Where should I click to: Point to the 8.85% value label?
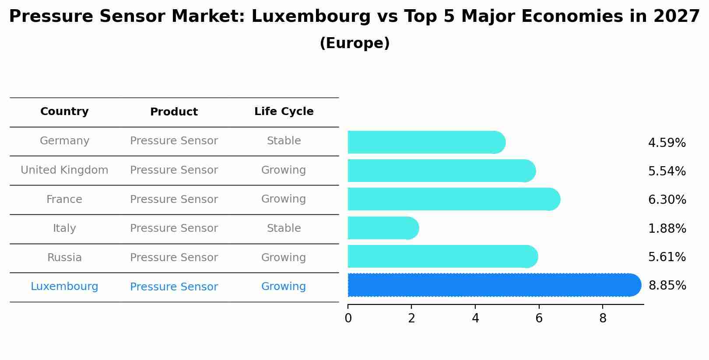pyautogui.click(x=667, y=286)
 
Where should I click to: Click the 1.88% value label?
pyautogui.click(x=667, y=228)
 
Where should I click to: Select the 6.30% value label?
pyautogui.click(x=667, y=200)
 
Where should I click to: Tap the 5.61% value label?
pyautogui.click(x=667, y=257)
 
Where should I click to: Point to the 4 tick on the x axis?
pyautogui.click(x=475, y=318)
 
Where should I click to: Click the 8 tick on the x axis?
pyautogui.click(x=603, y=318)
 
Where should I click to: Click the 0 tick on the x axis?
pyautogui.click(x=348, y=318)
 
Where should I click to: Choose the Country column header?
pyautogui.click(x=64, y=112)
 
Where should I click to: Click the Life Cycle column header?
pyautogui.click(x=284, y=112)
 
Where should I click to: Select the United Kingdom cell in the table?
pyautogui.click(x=64, y=170)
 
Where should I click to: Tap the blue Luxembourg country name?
pyautogui.click(x=64, y=287)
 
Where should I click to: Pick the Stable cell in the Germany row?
pyautogui.click(x=284, y=141)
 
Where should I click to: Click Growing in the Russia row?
pyautogui.click(x=284, y=258)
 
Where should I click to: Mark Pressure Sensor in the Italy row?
pyautogui.click(x=174, y=228)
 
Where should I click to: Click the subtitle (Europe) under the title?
pyautogui.click(x=354, y=43)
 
